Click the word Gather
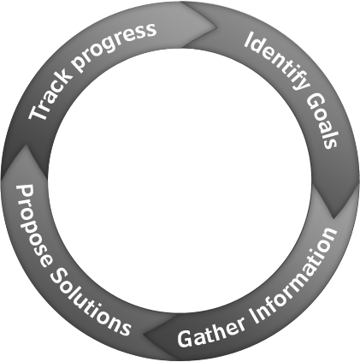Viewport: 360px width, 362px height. pos(211,331)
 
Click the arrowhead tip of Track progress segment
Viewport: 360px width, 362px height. pos(217,27)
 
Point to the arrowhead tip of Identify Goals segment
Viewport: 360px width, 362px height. pos(333,219)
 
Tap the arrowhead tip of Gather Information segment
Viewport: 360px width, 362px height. pos(143,334)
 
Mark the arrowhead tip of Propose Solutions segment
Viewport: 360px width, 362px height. pos(27,145)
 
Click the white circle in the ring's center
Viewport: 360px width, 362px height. pos(180,181)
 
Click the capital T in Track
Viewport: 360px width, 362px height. pos(38,110)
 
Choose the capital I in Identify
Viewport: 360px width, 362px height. pos(250,39)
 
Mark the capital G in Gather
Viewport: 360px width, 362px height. pos(186,339)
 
